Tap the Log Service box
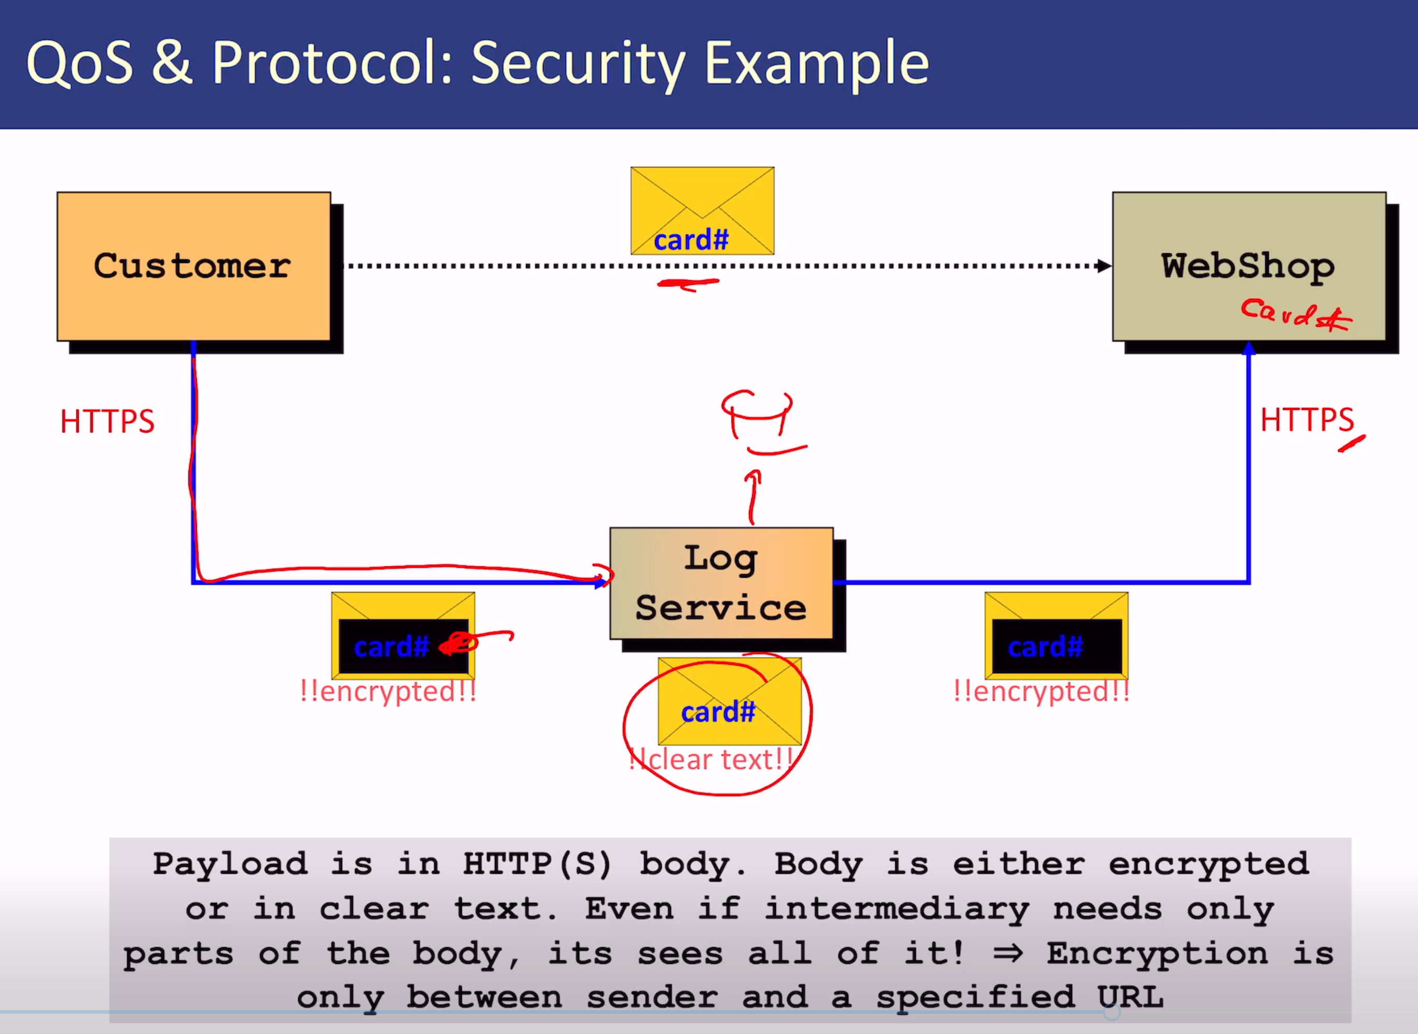(x=721, y=583)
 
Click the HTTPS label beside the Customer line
(x=107, y=421)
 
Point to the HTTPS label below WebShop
(x=1307, y=420)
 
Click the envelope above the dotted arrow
(x=702, y=211)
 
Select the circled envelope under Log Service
(x=729, y=701)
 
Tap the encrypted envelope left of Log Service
(x=403, y=635)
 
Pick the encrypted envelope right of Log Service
(x=1056, y=635)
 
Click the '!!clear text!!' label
(x=711, y=760)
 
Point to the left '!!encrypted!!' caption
(x=388, y=692)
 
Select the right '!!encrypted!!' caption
(x=1041, y=692)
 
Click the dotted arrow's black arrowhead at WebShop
(x=1104, y=266)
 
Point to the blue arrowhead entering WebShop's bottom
(x=1249, y=349)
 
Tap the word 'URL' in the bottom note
(x=1130, y=997)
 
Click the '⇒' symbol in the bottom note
(x=1008, y=953)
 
